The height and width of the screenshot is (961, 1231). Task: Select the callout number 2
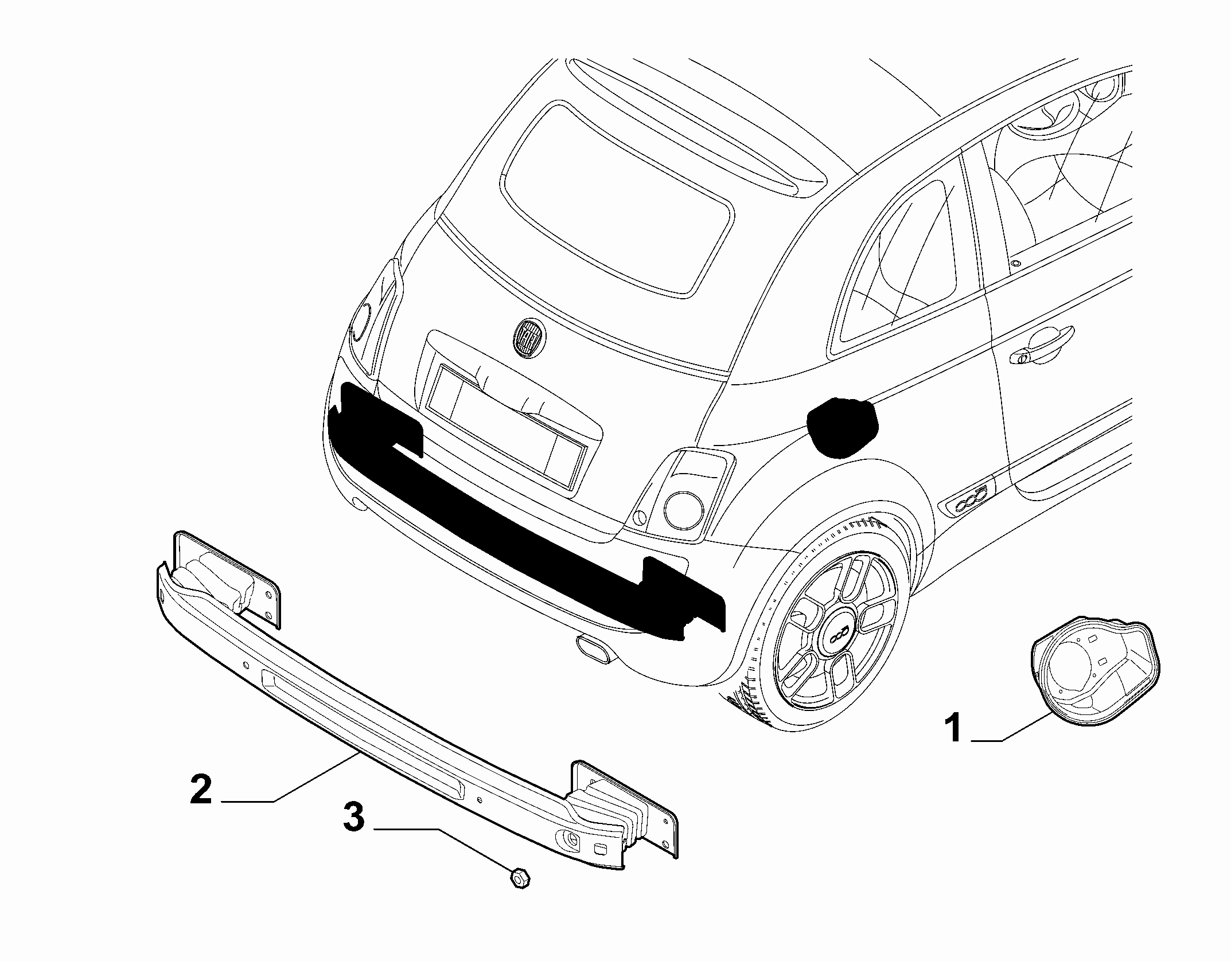point(201,790)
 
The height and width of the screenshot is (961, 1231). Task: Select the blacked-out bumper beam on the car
point(528,516)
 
